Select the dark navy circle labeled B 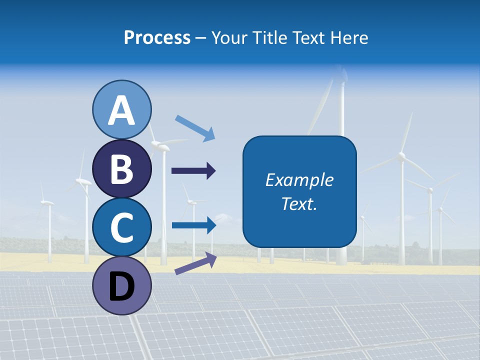tap(122, 168)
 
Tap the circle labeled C tap(122, 227)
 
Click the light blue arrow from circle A tap(195, 128)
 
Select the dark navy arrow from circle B tap(193, 171)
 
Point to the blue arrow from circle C tap(194, 225)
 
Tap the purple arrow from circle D tap(195, 263)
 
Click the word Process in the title tap(157, 38)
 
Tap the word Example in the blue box tap(299, 180)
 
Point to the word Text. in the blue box tap(299, 203)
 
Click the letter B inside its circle tap(121, 169)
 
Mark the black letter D tap(121, 287)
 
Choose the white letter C tap(121, 227)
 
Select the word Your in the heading tap(230, 38)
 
